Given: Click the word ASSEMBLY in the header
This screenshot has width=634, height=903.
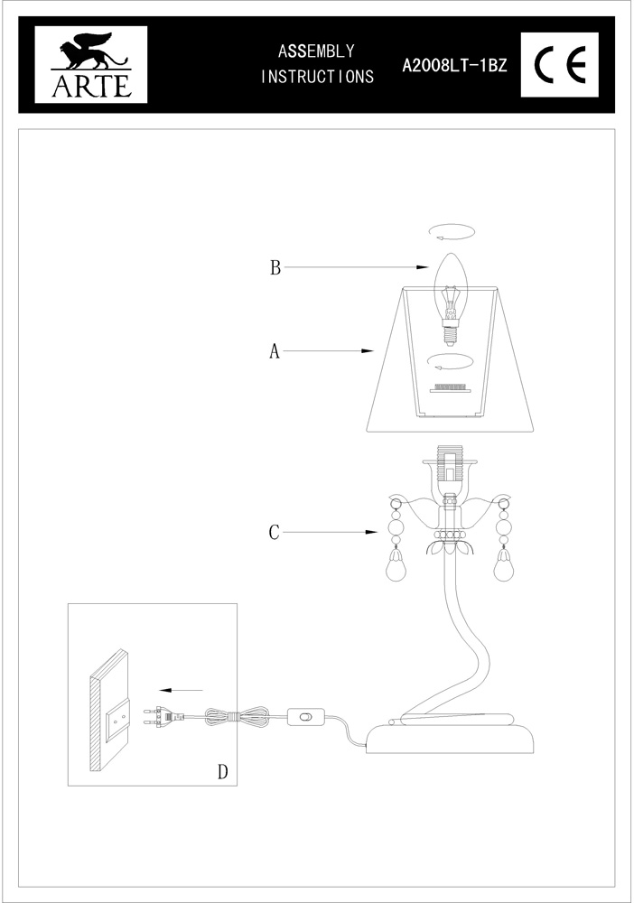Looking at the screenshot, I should (x=316, y=51).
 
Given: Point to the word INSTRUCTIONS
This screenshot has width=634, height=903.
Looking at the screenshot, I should (x=316, y=77).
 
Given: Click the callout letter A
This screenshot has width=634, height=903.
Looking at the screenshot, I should (x=275, y=351).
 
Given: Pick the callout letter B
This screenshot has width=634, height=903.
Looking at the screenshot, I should (x=275, y=267).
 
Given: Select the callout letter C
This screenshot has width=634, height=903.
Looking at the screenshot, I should (x=275, y=532).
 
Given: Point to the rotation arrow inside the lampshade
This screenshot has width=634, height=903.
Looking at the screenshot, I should (x=450, y=363).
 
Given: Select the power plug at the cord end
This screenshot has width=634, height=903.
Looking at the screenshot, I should (x=163, y=718).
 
